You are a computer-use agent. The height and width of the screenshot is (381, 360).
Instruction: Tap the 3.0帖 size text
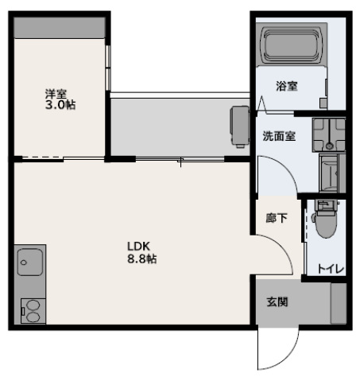coord(60,105)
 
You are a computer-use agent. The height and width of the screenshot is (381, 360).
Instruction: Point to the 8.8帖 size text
coord(141,259)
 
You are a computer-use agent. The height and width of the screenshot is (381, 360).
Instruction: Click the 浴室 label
coord(287,87)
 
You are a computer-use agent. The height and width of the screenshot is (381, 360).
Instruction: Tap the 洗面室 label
coord(279,136)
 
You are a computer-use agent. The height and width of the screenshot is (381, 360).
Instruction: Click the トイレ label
coord(330,269)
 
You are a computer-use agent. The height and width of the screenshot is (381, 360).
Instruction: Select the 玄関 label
coord(277,301)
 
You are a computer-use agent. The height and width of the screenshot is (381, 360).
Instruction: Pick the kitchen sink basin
coord(30,261)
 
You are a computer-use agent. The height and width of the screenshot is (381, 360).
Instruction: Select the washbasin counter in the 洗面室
coord(328,134)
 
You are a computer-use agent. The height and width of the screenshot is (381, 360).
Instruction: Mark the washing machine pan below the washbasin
coord(330,170)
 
